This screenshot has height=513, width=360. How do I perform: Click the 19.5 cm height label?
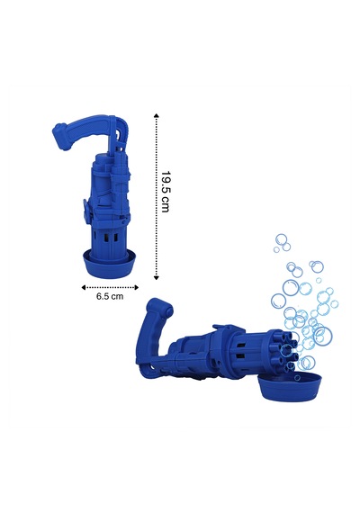[166, 192]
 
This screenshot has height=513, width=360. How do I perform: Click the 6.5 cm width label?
[110, 296]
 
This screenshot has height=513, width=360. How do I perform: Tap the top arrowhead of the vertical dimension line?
[157, 115]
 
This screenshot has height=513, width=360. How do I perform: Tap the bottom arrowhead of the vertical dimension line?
[157, 278]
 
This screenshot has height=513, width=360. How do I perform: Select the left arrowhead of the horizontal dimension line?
[83, 288]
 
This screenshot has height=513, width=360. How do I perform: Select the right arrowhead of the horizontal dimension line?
[137, 288]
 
